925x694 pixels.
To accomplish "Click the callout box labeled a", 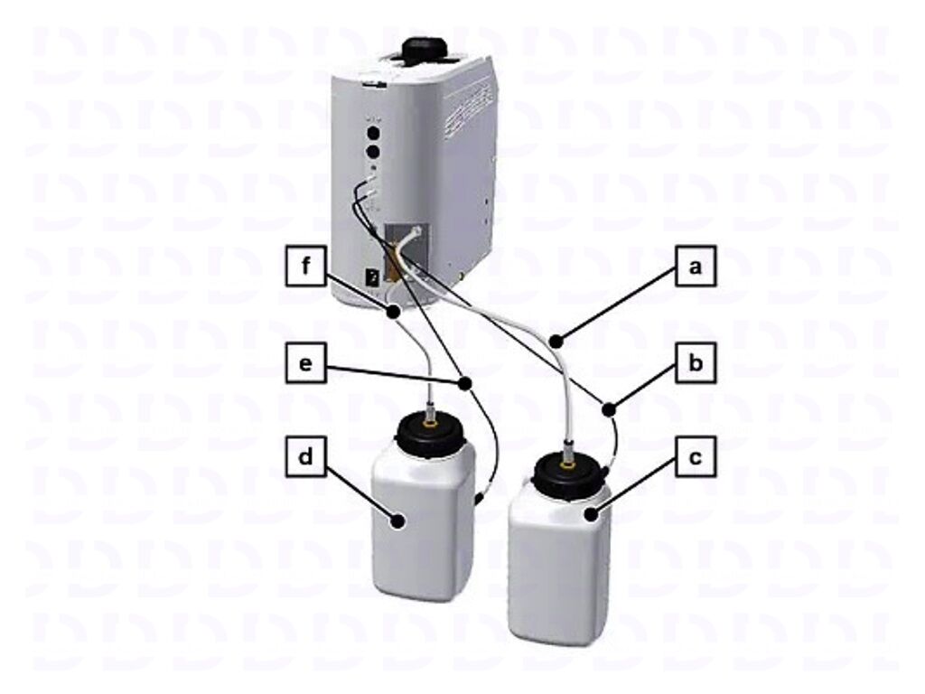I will (x=694, y=267).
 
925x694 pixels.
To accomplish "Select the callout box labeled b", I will (x=694, y=365).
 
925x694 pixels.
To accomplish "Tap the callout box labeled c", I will (x=694, y=457).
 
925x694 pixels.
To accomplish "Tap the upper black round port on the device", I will (x=372, y=132).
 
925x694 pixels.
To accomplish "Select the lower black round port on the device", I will (x=372, y=153).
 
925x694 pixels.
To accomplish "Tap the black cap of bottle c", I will (x=569, y=473).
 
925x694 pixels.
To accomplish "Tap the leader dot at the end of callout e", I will (x=465, y=384).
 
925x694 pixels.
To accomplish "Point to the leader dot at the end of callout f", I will (x=395, y=313).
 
